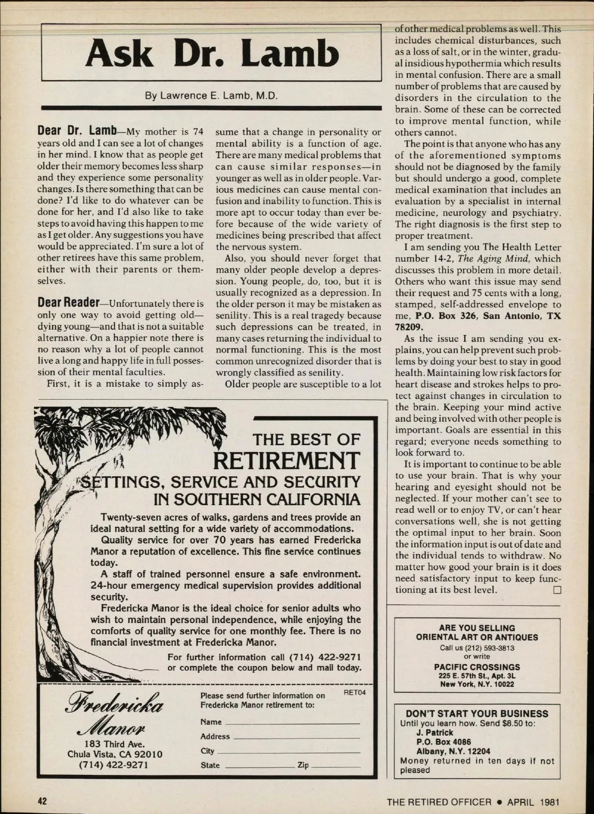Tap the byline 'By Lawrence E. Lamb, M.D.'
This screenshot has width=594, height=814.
click(211, 95)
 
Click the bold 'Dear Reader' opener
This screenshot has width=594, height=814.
click(68, 303)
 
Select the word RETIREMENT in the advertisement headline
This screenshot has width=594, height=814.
click(287, 461)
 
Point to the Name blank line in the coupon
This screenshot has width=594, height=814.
click(292, 723)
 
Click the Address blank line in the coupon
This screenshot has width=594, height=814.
click(296, 738)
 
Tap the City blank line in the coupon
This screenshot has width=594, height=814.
click(288, 752)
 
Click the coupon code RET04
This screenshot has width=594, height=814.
click(354, 693)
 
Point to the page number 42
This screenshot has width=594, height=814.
click(43, 801)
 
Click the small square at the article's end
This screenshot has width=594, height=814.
click(557, 590)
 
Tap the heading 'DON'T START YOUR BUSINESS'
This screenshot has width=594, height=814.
click(477, 713)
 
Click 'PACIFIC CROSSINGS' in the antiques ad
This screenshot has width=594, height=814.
click(477, 667)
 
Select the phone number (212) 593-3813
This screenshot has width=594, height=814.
click(477, 648)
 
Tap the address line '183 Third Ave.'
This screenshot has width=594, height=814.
click(115, 744)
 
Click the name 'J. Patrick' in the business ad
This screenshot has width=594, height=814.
click(435, 732)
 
